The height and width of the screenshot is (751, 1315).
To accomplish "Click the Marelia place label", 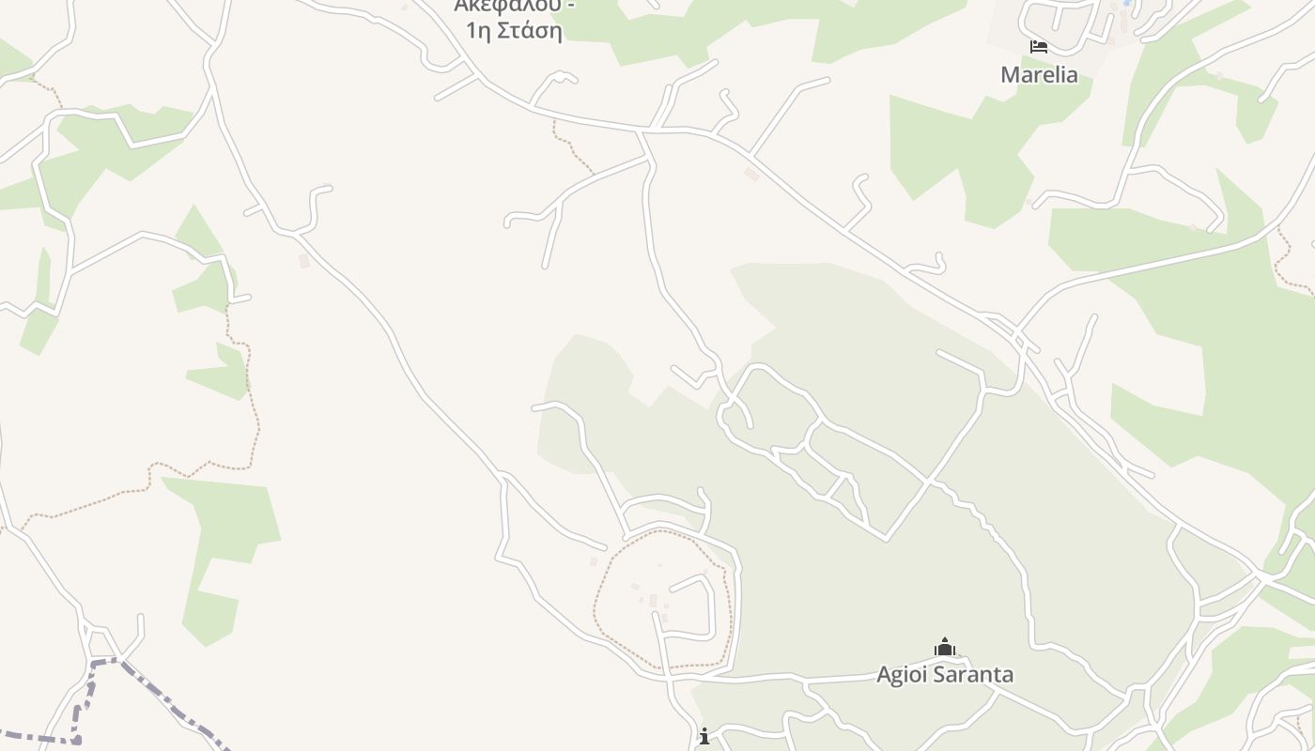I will pyautogui.click(x=1039, y=74).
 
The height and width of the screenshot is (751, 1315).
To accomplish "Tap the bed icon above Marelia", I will pyautogui.click(x=1038, y=46).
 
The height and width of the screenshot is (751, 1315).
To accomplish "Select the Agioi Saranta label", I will pyautogui.click(x=945, y=674).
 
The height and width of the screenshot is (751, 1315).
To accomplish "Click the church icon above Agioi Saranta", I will pyautogui.click(x=944, y=647).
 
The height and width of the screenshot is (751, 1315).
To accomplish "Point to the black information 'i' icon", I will pyautogui.click(x=704, y=736).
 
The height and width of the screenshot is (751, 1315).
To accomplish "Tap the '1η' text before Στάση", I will pyautogui.click(x=479, y=30).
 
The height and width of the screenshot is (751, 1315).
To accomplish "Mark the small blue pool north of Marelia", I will pyautogui.click(x=1126, y=4).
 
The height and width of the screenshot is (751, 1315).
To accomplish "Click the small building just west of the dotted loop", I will pyautogui.click(x=593, y=561).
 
